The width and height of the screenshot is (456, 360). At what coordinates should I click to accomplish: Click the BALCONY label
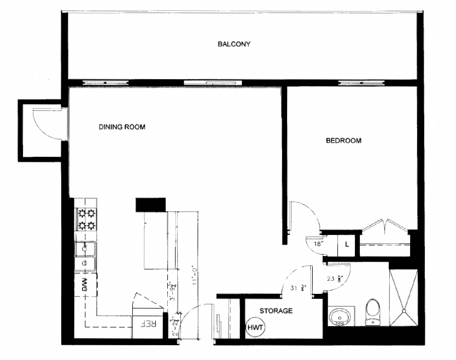pos(233,44)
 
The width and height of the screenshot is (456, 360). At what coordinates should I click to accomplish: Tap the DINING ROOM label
pos(122,127)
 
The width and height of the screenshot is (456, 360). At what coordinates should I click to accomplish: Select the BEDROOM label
pos(343,140)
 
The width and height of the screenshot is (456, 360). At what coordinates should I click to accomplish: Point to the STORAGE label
pos(276,311)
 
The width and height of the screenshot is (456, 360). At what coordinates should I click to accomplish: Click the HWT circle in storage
pos(255,327)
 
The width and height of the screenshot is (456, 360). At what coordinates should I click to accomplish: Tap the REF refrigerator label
pos(149,323)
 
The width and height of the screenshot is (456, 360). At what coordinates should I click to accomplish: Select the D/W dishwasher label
pos(85,284)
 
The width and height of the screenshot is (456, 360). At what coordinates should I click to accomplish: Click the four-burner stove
pos(86,219)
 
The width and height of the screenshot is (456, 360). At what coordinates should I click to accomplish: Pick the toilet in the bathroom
pos(374,312)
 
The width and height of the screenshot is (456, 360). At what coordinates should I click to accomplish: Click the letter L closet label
pos(347,244)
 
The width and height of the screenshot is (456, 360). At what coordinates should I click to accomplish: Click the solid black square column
pos(150,204)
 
